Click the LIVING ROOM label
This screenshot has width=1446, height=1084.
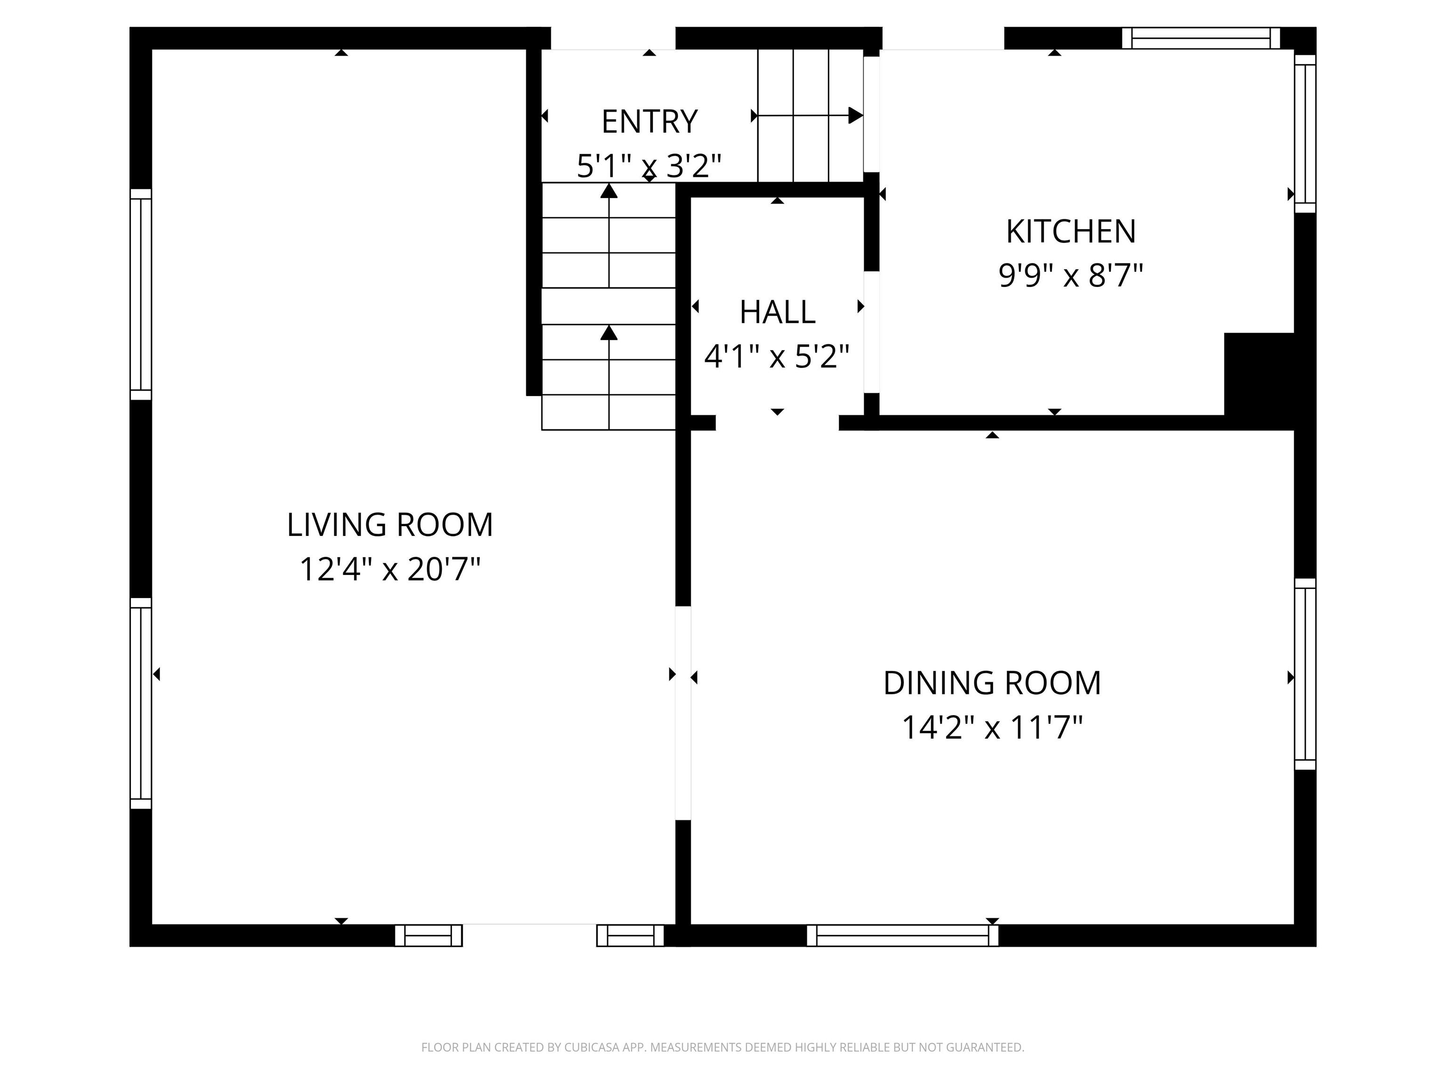tap(390, 526)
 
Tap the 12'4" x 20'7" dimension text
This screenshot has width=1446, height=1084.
tap(390, 569)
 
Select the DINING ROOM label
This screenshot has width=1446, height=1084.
tap(992, 684)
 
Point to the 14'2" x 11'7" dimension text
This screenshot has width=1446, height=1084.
tap(992, 727)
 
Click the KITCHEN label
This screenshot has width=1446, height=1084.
tap(1071, 232)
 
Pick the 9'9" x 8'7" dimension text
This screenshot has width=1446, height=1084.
tap(1071, 276)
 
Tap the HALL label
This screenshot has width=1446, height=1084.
tap(777, 312)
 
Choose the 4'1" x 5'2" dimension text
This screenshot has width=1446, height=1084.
tap(777, 357)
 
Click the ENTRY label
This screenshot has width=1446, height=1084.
tap(649, 122)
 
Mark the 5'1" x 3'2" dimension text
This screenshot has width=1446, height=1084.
tap(649, 166)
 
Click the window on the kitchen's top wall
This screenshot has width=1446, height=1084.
tap(1201, 38)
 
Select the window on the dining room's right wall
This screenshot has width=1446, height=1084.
tap(1305, 674)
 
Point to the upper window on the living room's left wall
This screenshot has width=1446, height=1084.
tap(141, 294)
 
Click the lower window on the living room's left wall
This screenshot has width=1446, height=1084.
tap(141, 703)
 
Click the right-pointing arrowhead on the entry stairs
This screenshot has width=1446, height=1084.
tap(855, 116)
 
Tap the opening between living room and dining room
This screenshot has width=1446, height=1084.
tap(683, 713)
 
